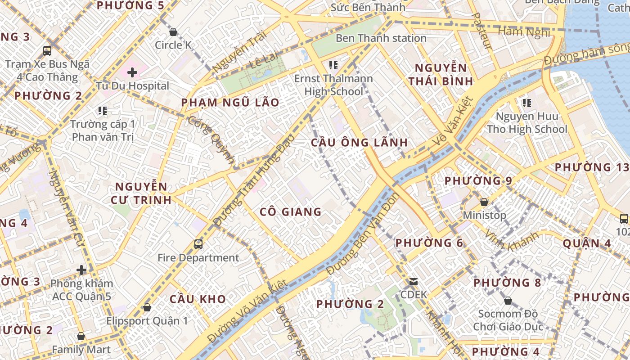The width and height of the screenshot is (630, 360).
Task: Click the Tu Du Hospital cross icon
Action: point(132,72)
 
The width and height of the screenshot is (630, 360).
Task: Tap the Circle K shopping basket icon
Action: point(173,32)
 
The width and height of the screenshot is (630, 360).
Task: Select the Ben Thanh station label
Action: point(381,38)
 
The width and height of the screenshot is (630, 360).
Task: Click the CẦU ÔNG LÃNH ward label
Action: point(359,143)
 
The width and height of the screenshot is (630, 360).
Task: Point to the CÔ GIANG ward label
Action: point(290,211)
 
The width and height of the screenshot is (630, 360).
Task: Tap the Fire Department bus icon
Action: point(198,244)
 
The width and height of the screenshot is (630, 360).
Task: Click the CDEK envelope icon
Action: point(413,282)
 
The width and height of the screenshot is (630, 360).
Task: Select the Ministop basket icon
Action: point(484,202)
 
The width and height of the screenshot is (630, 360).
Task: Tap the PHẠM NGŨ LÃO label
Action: point(230,103)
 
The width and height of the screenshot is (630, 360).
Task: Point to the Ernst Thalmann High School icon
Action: point(333,65)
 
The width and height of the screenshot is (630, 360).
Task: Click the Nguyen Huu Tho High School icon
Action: point(527,103)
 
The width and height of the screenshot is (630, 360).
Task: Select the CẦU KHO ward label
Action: point(198,299)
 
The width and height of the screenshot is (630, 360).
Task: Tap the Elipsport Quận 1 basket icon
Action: point(147,308)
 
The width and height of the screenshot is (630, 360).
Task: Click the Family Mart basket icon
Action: point(81,336)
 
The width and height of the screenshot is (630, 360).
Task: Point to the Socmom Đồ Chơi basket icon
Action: point(508,301)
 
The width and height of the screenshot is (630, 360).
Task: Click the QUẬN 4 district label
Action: point(587,243)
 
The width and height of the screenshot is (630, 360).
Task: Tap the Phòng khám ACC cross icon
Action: point(81,270)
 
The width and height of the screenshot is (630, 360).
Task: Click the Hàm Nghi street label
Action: point(524,31)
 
